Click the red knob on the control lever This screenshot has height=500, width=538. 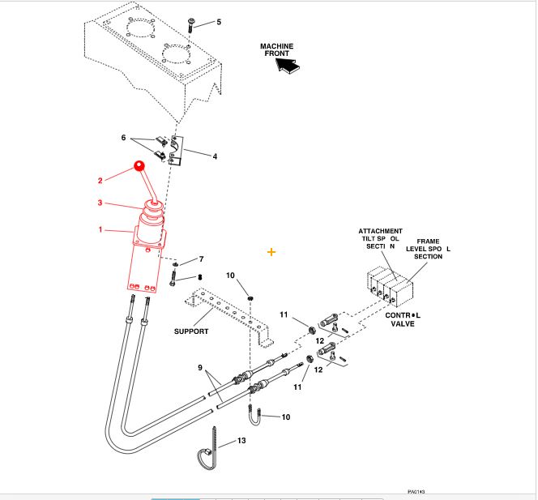pos(139,167)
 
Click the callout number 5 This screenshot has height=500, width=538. pos(218,22)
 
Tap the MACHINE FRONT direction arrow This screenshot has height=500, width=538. pos(287,68)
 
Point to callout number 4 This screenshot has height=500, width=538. pos(215,156)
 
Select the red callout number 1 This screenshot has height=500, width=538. pos(100,230)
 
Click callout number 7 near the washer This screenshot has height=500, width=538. pos(202,259)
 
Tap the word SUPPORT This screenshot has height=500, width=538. pos(191,331)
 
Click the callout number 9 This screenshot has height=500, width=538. pos(200,368)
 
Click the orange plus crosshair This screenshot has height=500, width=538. pos(271,252)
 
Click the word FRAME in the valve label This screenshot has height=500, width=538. pos(428,241)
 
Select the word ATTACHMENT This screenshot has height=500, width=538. pos(380,231)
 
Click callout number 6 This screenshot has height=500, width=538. pos(124,138)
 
